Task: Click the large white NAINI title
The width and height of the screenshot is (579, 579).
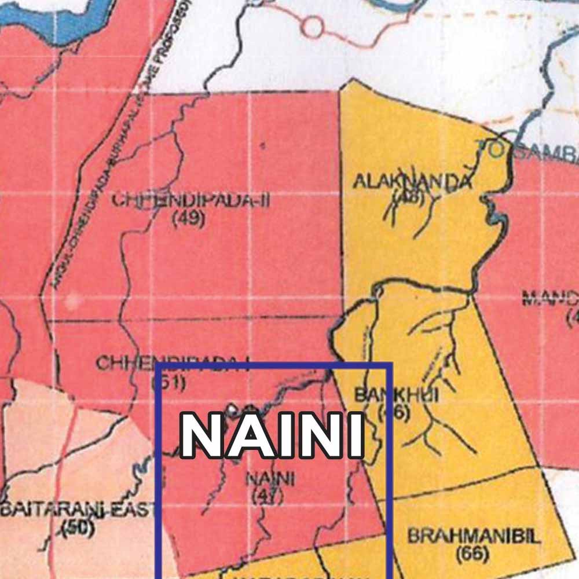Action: coord(272,435)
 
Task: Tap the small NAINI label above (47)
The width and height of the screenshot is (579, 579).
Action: coord(270,480)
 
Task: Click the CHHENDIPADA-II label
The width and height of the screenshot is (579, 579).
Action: coord(191,201)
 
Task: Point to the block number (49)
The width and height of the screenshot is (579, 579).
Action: coord(189,220)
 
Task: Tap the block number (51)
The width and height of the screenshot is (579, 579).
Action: coord(168,382)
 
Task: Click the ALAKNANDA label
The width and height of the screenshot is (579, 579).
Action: coord(413,181)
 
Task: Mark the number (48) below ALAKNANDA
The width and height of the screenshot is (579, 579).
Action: coord(409,197)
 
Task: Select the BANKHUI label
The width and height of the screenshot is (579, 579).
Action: coord(396,395)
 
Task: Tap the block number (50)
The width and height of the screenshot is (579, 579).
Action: coord(78,528)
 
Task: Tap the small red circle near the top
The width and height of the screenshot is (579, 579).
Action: coord(313,26)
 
